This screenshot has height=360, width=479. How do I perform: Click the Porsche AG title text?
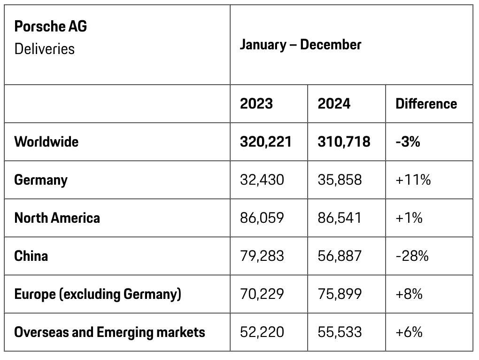[x=51, y=26]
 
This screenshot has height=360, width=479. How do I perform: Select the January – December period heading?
[x=301, y=45]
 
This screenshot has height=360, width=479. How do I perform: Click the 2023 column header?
[x=256, y=103]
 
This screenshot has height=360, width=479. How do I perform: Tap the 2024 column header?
[x=334, y=103]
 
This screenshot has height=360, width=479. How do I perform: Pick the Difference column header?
[x=426, y=103]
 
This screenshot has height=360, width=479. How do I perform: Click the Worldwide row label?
[x=46, y=141]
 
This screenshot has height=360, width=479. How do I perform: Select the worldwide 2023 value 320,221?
[x=266, y=141]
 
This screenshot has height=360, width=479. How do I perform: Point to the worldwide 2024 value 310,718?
[x=344, y=141]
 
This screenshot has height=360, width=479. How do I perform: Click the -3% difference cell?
[x=408, y=141]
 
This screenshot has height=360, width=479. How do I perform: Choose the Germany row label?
[x=41, y=180]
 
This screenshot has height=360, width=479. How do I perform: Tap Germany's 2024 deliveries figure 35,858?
[x=340, y=180]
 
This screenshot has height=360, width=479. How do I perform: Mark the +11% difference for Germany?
[x=413, y=180]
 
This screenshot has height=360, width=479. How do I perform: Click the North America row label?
[x=57, y=218]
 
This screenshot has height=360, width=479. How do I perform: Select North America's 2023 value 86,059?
[x=262, y=218]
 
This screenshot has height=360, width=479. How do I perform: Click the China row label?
[x=31, y=256]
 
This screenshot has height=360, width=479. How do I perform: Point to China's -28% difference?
[x=412, y=256]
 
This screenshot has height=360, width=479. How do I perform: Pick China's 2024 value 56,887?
[x=340, y=256]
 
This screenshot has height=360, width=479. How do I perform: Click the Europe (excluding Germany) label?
[x=98, y=294]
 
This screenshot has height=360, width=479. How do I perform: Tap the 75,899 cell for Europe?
[x=340, y=294]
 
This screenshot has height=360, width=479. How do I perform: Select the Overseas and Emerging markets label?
[x=110, y=332]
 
